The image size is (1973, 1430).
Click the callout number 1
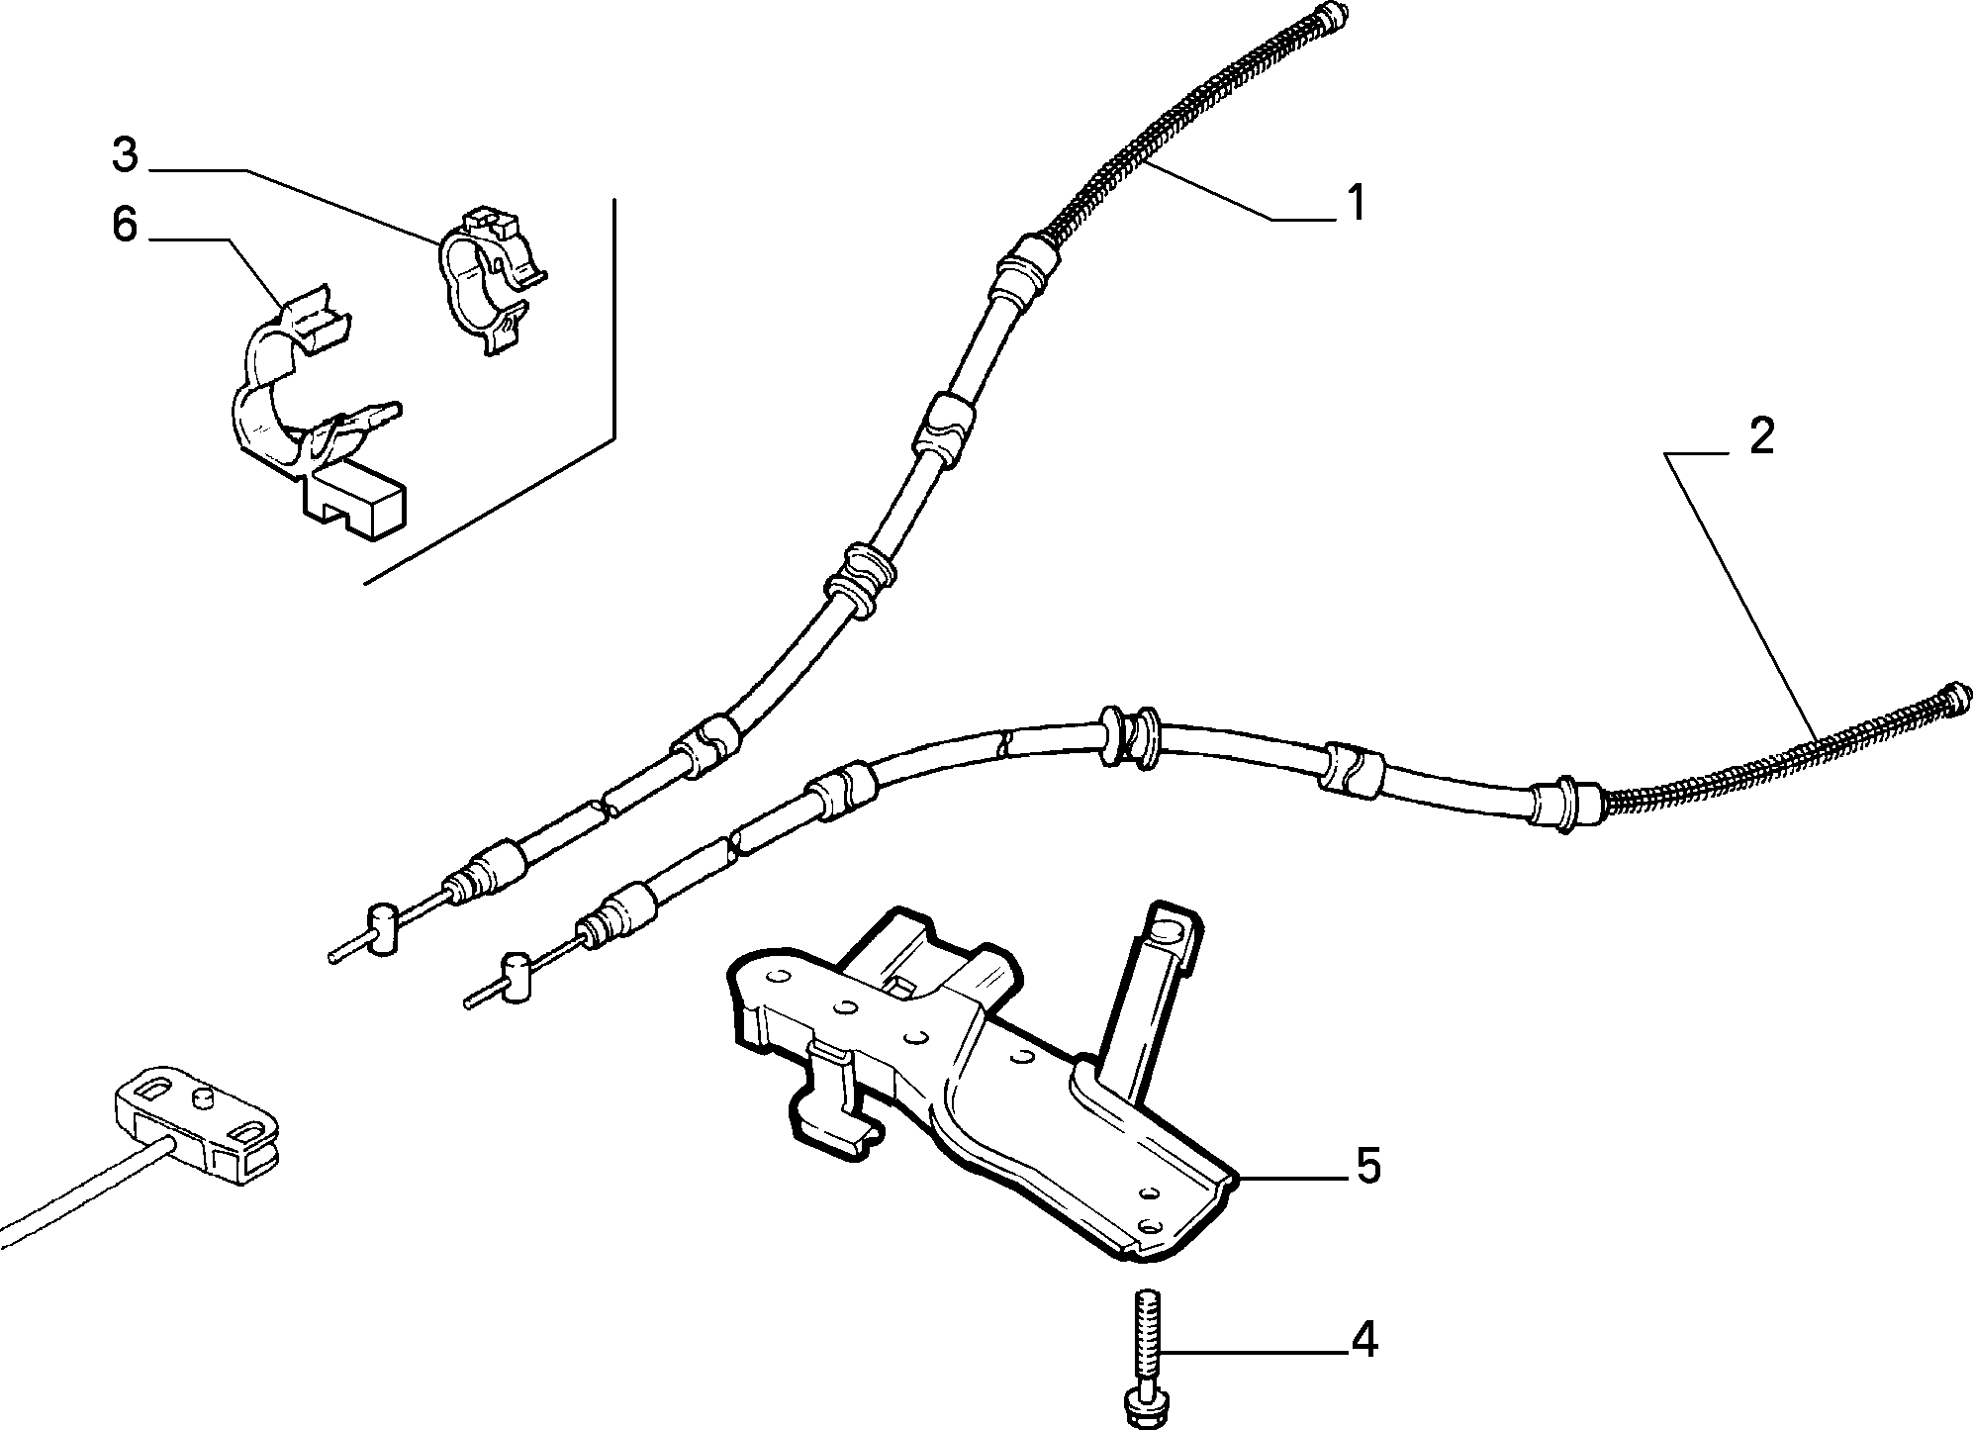tap(1356, 203)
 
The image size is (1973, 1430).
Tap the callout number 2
tap(1761, 436)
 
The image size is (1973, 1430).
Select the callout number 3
tap(125, 155)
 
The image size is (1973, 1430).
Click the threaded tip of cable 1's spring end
tap(1333, 14)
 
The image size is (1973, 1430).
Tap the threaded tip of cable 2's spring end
tap(1958, 696)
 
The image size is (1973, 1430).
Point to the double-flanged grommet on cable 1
tap(859, 584)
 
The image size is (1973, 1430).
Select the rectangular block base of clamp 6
tap(356, 504)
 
